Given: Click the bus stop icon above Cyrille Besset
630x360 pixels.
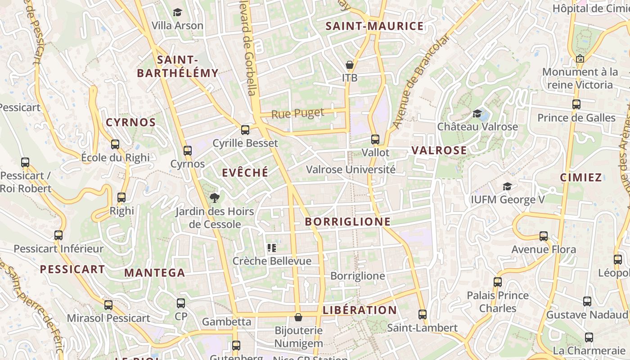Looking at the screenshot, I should tap(245, 130).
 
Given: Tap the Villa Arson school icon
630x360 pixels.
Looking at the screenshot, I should tap(177, 12).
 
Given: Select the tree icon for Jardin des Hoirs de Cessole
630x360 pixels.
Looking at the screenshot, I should tap(215, 198).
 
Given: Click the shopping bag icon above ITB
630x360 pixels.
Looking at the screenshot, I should tap(350, 65).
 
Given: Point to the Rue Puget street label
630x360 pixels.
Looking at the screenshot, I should tap(297, 113).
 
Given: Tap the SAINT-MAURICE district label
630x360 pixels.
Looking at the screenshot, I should tap(374, 26).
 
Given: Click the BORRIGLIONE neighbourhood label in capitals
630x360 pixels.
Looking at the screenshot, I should tap(348, 221).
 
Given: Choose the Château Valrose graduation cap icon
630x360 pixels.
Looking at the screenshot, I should tap(477, 113).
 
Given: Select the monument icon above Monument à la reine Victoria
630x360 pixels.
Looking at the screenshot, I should tap(580, 58).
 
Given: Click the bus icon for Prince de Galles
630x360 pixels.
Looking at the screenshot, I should tap(576, 104).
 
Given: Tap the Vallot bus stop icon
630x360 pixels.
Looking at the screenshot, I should tap(375, 139).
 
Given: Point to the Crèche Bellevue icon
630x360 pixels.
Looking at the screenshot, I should tap(271, 247).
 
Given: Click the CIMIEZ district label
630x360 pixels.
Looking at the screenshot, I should tap(581, 177).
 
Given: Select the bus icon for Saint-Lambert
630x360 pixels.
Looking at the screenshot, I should tap(422, 315).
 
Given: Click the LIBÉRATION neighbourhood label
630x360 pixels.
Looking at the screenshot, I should tap(360, 310).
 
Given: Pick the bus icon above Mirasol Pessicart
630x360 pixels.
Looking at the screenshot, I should tap(108, 305).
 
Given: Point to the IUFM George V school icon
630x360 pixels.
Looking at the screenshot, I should tap(507, 186).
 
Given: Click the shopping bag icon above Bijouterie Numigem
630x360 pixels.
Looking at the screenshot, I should tap(298, 318).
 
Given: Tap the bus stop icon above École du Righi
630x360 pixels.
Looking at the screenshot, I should tap(115, 144).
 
